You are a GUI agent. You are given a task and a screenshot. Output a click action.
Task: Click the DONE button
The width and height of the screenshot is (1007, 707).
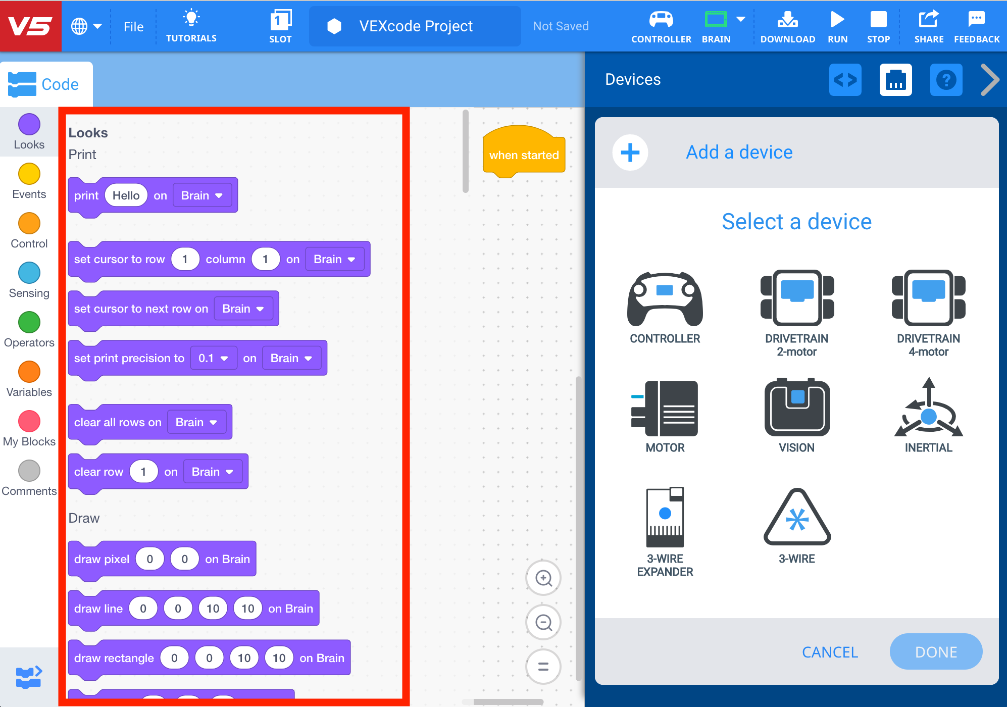935,652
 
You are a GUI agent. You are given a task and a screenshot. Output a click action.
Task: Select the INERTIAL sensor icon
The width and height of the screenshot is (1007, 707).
928,409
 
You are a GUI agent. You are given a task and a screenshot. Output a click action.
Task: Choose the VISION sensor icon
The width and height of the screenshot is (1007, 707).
797,408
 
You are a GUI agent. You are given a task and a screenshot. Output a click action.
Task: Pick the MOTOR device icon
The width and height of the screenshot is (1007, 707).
665,408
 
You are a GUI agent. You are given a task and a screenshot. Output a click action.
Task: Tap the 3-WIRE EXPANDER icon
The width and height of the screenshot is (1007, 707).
665,518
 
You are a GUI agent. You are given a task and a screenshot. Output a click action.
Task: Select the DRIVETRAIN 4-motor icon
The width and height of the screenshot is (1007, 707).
928,298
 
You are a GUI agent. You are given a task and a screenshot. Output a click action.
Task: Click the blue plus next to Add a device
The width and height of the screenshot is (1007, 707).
630,153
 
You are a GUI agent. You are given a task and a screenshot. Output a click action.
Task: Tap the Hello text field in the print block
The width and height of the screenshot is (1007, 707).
126,195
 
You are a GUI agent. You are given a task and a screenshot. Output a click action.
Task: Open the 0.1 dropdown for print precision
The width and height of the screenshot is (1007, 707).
213,358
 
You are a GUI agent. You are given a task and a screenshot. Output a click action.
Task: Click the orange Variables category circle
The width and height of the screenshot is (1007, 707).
29,372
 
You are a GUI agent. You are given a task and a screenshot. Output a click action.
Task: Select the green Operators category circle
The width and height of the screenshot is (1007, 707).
29,322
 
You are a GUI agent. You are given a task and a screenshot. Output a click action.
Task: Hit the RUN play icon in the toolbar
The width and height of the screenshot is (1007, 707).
837,20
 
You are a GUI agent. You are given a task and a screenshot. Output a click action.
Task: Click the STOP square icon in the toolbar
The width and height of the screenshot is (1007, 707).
878,20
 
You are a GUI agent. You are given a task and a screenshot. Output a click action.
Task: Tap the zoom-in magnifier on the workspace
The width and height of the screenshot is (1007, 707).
543,578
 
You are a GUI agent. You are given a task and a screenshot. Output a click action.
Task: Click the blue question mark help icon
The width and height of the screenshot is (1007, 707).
946,80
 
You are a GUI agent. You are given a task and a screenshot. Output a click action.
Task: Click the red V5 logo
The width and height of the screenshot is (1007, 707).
30,26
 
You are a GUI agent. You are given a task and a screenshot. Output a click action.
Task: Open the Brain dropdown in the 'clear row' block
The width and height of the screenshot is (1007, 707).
212,472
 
